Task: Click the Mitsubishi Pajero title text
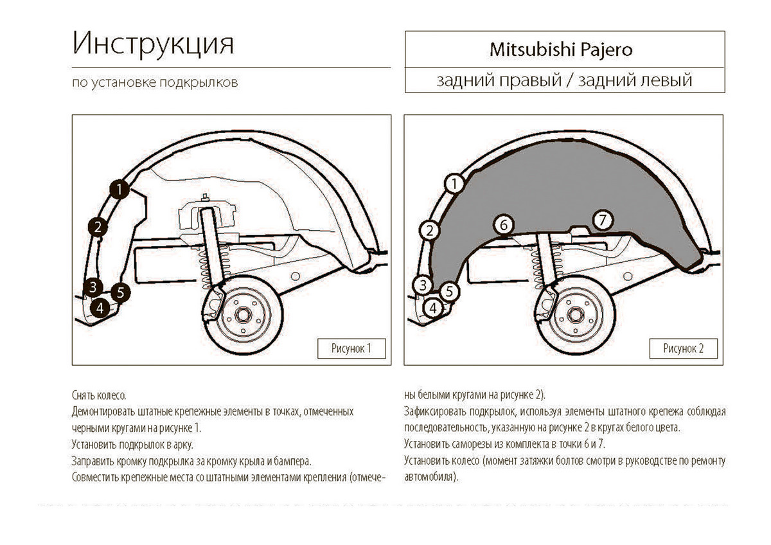(x=561, y=50)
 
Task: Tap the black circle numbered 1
(x=119, y=190)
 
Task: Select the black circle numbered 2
(x=98, y=228)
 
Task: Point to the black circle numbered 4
(x=100, y=308)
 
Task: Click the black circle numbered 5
(x=121, y=292)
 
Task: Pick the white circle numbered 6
(x=504, y=225)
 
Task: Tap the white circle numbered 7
(x=603, y=220)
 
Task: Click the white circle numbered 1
(x=454, y=184)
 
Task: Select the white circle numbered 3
(x=423, y=285)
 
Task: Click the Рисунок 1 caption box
(x=351, y=348)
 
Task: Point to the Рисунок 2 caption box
(x=683, y=348)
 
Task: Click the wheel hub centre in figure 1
(x=244, y=316)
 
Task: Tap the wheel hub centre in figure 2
(x=576, y=316)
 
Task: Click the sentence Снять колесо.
(x=99, y=395)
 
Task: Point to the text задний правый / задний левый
(x=565, y=80)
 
